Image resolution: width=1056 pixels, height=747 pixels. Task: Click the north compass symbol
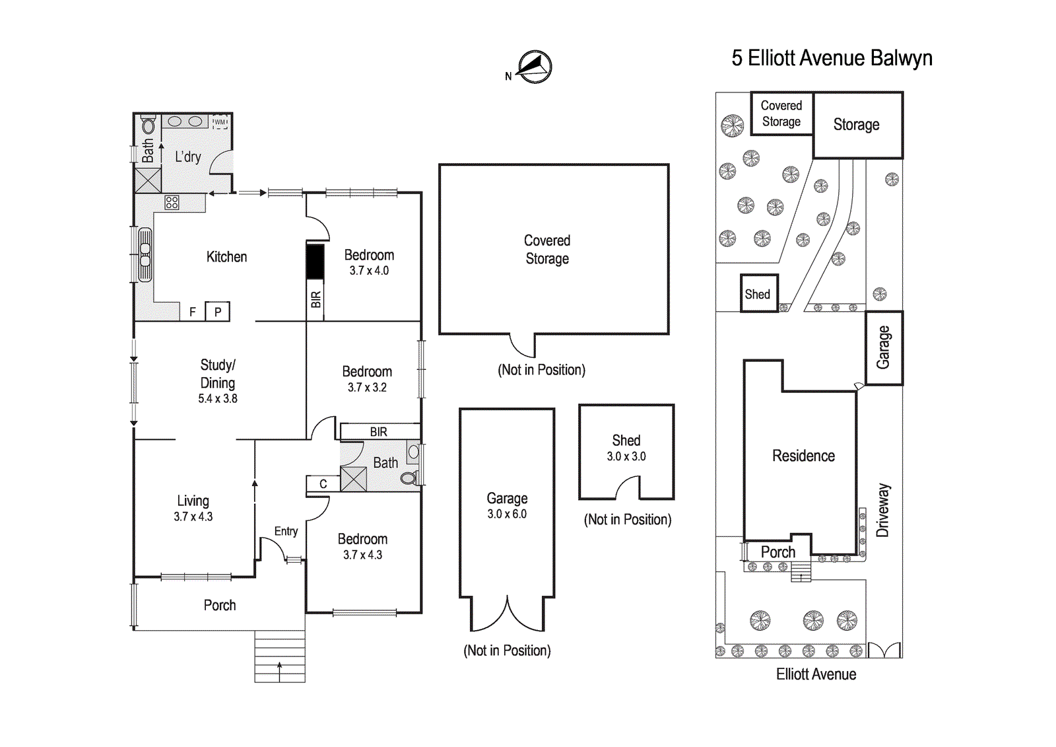coord(534,67)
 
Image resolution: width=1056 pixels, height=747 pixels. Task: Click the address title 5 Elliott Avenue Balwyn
coord(832,58)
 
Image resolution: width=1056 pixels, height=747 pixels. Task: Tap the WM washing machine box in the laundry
coord(220,122)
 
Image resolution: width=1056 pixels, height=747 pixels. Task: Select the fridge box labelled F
coord(192,312)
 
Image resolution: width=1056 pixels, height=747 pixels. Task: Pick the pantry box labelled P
coord(217,312)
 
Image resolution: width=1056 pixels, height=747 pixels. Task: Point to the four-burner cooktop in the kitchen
coord(172,203)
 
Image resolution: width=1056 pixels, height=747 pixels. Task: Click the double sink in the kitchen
coord(145,254)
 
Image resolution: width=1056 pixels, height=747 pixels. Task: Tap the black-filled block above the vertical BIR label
coord(315,261)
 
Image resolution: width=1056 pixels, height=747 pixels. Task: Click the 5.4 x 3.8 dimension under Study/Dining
coord(218,399)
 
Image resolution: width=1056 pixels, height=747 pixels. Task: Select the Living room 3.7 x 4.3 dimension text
coord(193,517)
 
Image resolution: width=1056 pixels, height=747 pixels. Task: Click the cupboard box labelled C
coord(323,484)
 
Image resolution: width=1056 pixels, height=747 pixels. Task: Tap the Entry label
coord(286,532)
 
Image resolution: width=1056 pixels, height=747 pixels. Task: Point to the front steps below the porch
coord(280,656)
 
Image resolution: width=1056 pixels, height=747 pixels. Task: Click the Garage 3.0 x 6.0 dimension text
coord(507,515)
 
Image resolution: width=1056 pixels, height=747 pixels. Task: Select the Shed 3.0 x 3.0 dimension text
coord(626,456)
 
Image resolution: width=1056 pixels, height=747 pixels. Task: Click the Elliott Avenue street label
coord(816,674)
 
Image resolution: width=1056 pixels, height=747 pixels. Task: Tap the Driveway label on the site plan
coord(882,510)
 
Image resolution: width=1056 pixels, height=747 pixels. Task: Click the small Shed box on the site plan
coord(759,294)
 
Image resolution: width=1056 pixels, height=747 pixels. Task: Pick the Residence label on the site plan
coord(803,456)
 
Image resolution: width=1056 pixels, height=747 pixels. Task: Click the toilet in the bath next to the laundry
coord(148,125)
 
